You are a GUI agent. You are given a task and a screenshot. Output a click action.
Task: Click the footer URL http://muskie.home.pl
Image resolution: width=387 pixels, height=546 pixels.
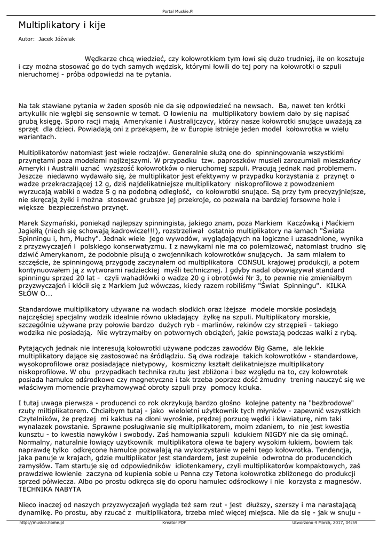(x=42, y=523)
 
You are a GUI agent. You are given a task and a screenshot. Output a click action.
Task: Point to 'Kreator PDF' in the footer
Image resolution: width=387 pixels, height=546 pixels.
(x=174, y=523)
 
